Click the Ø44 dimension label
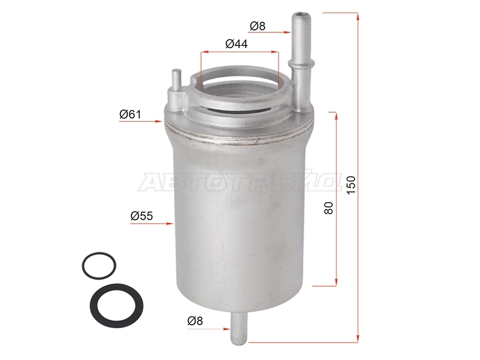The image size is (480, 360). tap(236, 44)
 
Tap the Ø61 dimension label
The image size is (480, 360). tap(130, 115)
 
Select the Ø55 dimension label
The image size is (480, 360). tap(142, 216)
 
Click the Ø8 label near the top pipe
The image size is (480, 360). tap(257, 26)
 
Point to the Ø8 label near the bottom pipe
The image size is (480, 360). tap(196, 321)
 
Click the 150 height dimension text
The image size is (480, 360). tap(351, 185)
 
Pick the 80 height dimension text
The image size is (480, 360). tap(328, 208)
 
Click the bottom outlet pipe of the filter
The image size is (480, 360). tap(239, 328)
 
